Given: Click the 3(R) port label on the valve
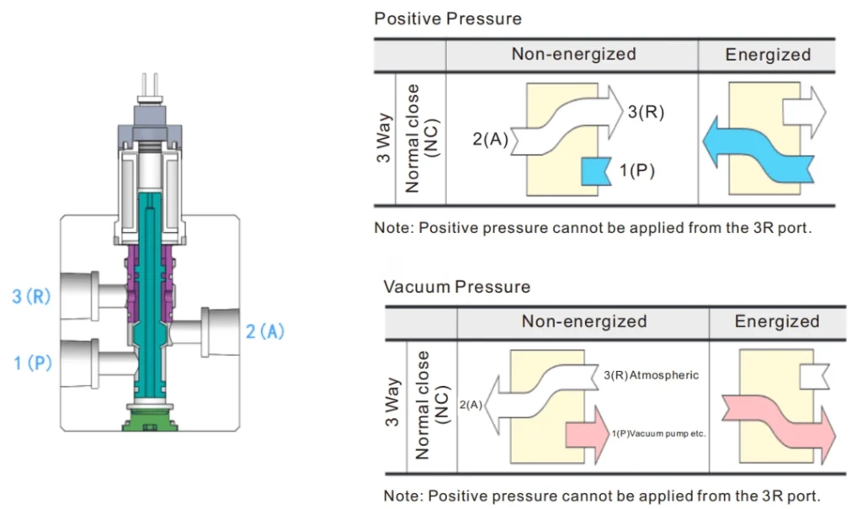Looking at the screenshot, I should point(32,298).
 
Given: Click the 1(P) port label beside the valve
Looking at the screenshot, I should point(33,363).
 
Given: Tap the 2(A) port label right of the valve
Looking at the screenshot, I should point(265,331).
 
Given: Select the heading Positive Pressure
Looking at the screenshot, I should point(448,18).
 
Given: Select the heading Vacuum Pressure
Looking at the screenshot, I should point(457,287).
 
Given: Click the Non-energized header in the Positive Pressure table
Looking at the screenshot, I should point(573,55).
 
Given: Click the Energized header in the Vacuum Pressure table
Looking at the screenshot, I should point(776,321).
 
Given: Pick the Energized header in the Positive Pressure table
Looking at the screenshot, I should point(768,55).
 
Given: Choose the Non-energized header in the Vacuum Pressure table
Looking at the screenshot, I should point(583,321).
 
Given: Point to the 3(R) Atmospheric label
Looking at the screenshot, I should point(652,374).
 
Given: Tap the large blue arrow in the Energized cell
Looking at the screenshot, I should point(758,151).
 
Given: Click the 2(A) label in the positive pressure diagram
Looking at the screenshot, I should point(490,140).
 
